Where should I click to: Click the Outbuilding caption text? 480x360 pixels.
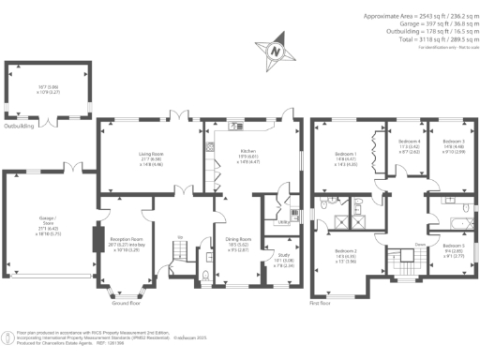(19, 125)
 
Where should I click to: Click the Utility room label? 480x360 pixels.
(280, 221)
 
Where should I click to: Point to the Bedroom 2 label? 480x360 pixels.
(345, 251)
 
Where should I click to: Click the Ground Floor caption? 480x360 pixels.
(127, 305)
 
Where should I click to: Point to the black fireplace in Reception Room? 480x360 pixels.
(97, 238)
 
